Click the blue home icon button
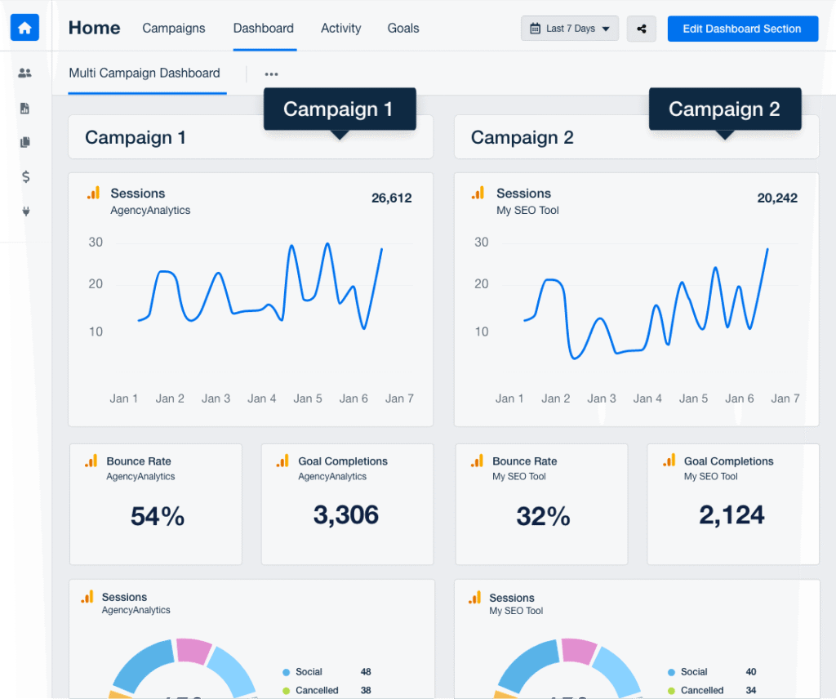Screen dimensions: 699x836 (x=24, y=28)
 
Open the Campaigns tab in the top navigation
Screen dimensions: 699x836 (x=174, y=28)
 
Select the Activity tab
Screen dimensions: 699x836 (x=340, y=28)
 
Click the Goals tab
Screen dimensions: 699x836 (x=403, y=28)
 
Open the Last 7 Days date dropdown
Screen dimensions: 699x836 (x=570, y=29)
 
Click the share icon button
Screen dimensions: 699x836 (x=642, y=29)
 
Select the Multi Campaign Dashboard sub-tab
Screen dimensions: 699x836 (x=145, y=73)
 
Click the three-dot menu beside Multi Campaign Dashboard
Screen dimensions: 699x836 (x=272, y=74)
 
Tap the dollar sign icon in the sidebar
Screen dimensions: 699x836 (x=25, y=176)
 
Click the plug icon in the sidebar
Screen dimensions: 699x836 (x=25, y=211)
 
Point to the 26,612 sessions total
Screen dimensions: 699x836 (x=392, y=198)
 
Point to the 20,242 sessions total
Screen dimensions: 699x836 (x=777, y=198)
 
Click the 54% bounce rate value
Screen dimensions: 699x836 (x=158, y=516)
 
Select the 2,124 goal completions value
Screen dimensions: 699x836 (x=731, y=514)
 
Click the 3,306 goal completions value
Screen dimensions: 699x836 (x=346, y=514)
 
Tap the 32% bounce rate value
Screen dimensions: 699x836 (x=543, y=516)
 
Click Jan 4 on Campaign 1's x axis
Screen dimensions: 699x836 (x=262, y=398)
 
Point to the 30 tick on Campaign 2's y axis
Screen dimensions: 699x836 (x=482, y=242)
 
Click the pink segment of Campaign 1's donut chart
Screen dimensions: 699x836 (x=193, y=651)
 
